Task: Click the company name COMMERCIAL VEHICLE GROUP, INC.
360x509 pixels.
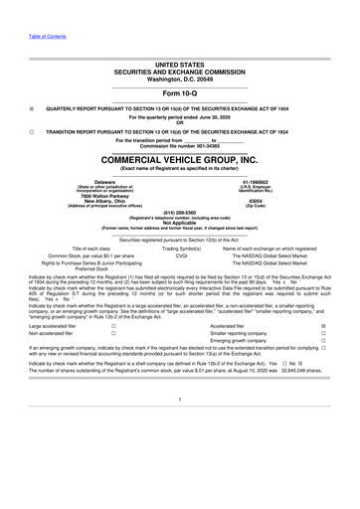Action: coord(180,159)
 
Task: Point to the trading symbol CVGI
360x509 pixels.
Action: coord(181,254)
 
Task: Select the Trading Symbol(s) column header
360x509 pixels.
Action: coord(181,247)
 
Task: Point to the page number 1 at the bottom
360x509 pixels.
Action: coord(180,426)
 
